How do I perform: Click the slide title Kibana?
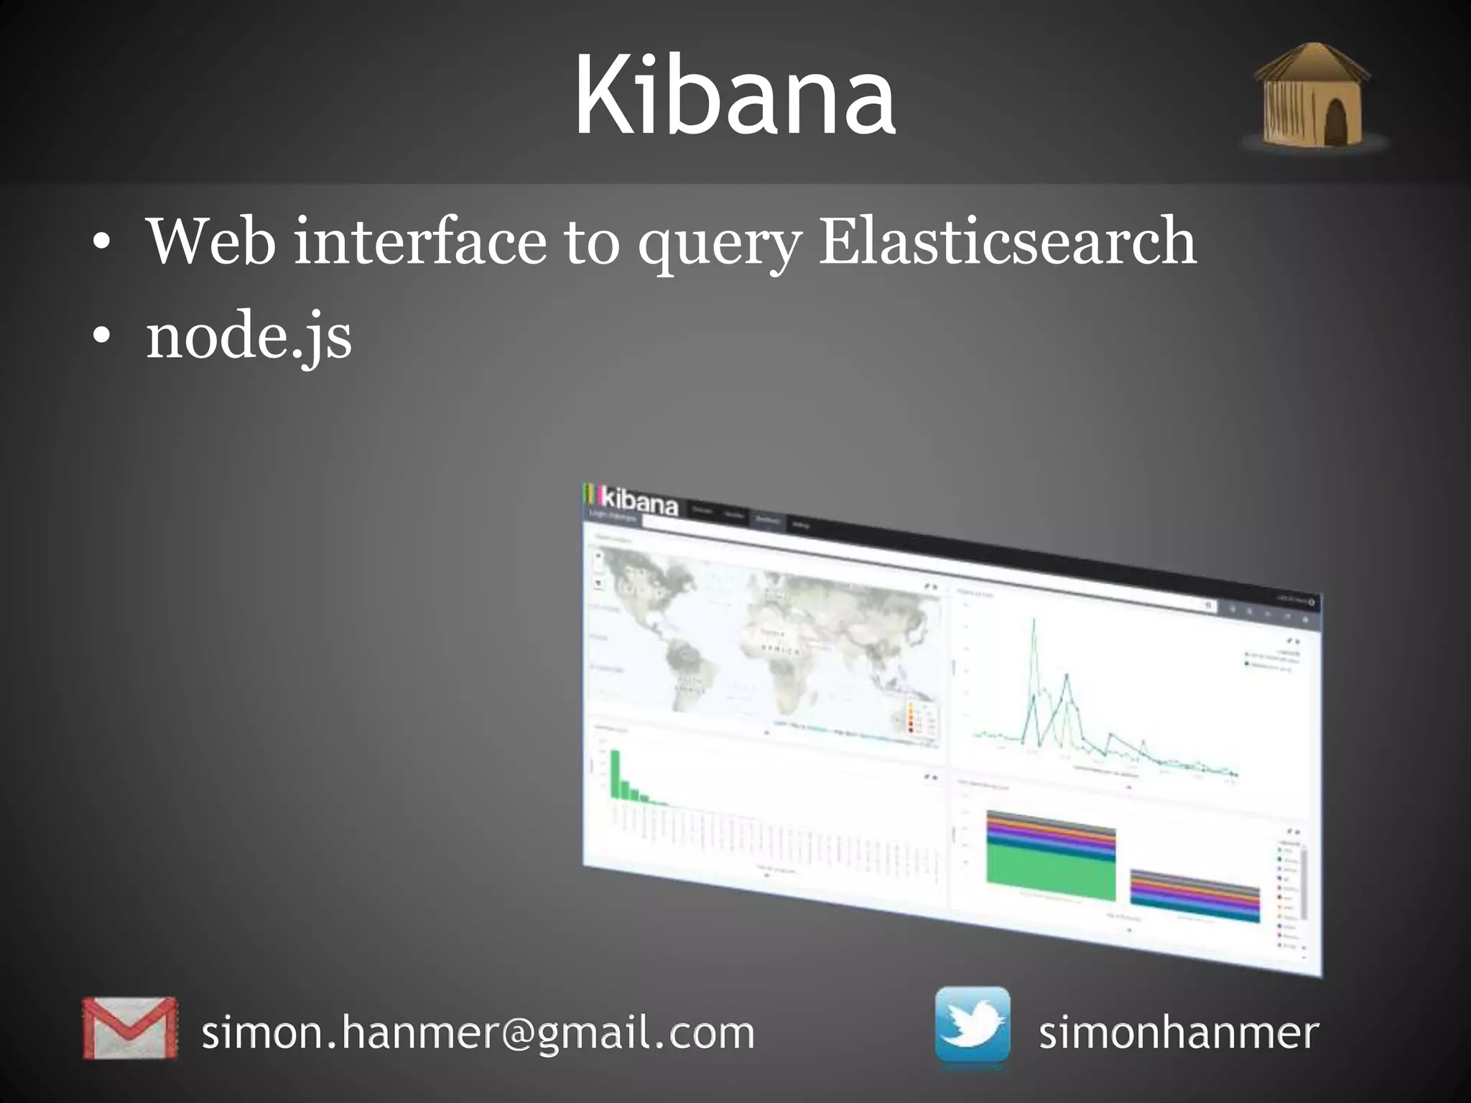(734, 96)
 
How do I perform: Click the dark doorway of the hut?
(1335, 122)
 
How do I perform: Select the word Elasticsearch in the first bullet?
(1007, 241)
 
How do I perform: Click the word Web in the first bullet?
(210, 241)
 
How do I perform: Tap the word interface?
(419, 241)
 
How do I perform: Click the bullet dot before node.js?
(102, 336)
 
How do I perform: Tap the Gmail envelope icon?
(129, 1028)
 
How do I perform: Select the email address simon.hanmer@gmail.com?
(478, 1033)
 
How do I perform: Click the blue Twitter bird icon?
(972, 1025)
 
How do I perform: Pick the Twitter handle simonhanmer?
(1179, 1033)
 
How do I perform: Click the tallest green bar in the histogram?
(615, 773)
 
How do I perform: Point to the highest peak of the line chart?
(1034, 622)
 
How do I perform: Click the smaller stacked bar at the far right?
(1194, 895)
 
